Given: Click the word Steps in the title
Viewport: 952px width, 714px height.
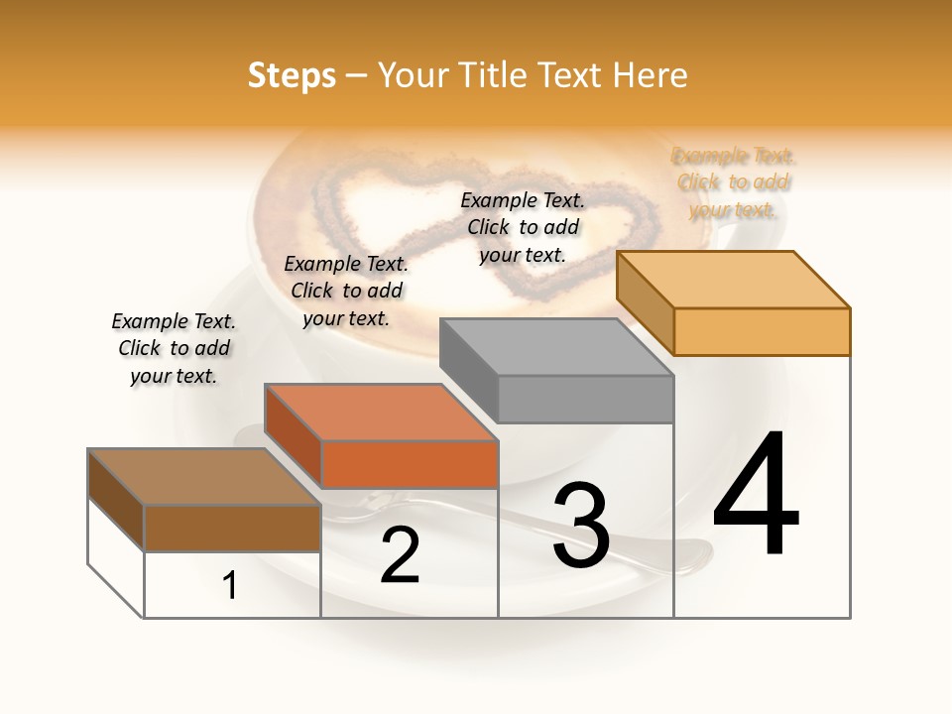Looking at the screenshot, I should [292, 75].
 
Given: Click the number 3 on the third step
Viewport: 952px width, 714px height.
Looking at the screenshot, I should [580, 526].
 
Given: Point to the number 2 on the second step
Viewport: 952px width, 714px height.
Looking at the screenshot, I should [400, 555].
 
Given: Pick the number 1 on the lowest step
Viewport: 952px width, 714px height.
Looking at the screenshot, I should [230, 586].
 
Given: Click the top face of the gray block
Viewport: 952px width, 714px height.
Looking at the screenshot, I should [555, 347].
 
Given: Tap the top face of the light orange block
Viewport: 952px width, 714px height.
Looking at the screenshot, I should [734, 280].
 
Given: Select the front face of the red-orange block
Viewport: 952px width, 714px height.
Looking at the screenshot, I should [410, 464].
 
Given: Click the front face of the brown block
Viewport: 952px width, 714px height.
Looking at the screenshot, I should [232, 528].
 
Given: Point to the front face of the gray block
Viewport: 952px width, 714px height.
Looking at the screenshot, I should [585, 399].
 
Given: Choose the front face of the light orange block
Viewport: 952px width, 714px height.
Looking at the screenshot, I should [762, 331].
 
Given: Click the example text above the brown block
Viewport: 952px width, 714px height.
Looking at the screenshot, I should [174, 348].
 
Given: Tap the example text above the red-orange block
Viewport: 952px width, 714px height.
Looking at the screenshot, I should [346, 291].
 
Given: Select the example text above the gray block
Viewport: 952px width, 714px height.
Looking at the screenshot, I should [523, 227].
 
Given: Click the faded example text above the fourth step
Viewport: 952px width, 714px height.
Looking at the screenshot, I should [733, 182].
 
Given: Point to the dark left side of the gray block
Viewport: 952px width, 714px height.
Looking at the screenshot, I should [468, 368].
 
